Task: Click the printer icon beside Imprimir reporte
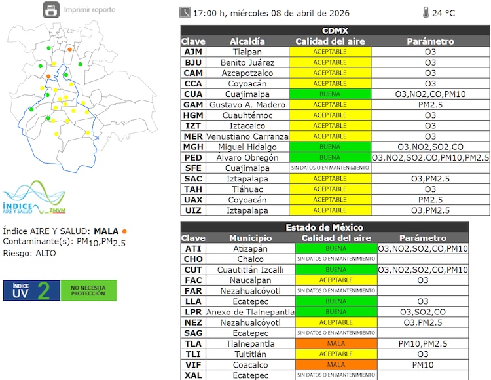50,10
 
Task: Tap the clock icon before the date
185,12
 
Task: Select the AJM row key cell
193,52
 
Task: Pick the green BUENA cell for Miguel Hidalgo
330,147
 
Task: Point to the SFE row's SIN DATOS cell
330,168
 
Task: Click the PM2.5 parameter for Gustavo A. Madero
430,105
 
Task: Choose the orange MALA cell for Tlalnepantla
336,343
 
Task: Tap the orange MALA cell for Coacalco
336,364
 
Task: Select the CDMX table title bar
335,31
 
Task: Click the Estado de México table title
325,227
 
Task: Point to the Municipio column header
250,238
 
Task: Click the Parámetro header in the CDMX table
430,41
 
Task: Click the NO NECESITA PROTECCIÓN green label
88,291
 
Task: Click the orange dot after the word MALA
124,231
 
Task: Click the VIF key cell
193,364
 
